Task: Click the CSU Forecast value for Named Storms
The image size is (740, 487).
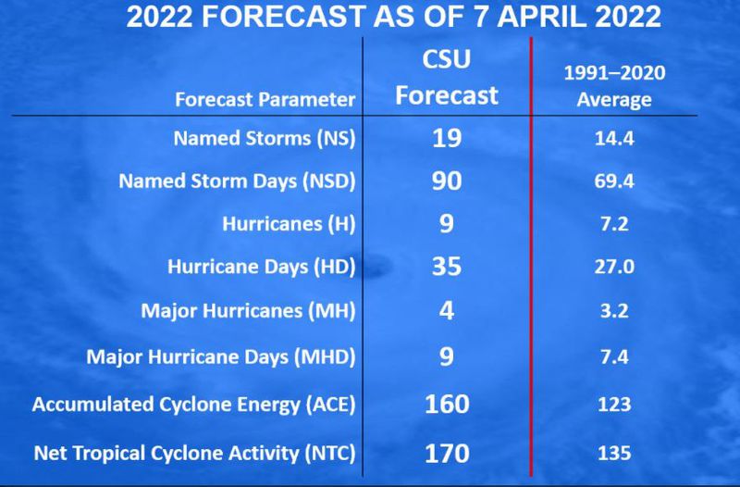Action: tap(447, 138)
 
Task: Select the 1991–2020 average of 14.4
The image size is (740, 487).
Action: tap(614, 138)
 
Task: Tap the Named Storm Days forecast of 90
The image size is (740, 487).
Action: tap(447, 181)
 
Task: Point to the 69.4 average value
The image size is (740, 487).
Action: tap(614, 181)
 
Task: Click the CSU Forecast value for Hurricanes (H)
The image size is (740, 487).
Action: tap(447, 223)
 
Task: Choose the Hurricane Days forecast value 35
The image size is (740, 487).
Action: tap(447, 266)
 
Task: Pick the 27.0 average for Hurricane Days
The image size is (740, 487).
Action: tap(614, 267)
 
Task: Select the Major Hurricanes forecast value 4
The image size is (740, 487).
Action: tap(447, 310)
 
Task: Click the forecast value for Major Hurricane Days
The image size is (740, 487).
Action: tap(447, 356)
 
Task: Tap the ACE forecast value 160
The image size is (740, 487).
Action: tap(447, 405)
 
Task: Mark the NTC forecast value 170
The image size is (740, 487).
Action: tap(447, 453)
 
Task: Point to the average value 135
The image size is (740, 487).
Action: tap(614, 453)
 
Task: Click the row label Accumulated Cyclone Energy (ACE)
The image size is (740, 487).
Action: tap(193, 405)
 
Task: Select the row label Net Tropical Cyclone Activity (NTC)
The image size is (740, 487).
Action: tap(194, 454)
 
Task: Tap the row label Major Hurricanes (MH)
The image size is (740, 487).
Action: tap(248, 311)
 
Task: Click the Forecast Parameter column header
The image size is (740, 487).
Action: tap(265, 100)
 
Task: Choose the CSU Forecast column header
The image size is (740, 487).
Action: tap(447, 78)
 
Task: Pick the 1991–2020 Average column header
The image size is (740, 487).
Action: tap(614, 86)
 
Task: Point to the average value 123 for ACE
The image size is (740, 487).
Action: tap(614, 405)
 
